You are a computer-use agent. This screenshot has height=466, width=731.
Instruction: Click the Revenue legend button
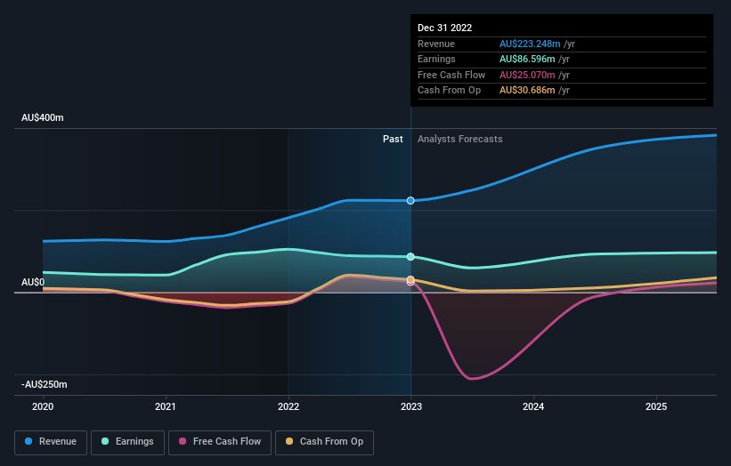point(51,441)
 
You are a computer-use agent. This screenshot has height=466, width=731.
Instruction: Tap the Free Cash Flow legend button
point(220,441)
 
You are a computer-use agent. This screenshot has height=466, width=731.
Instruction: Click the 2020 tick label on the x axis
point(43,406)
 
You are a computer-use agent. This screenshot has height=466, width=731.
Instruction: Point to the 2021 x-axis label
point(166,406)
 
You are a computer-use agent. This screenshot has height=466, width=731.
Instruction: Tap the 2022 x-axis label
point(288,406)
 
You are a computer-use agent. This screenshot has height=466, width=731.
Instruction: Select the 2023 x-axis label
point(410,406)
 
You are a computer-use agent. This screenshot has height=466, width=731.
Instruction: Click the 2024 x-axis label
point(533,406)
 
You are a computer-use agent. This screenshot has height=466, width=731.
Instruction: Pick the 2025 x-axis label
point(656,406)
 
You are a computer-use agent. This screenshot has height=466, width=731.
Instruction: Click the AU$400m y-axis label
point(43,117)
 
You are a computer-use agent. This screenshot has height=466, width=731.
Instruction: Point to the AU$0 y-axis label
point(33,282)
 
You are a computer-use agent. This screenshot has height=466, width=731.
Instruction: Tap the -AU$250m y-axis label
point(45,384)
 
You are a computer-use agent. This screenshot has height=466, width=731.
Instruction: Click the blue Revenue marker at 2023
point(410,200)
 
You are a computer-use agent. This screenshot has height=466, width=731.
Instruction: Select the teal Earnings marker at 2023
point(410,256)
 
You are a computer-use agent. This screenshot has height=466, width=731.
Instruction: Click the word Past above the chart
point(393,139)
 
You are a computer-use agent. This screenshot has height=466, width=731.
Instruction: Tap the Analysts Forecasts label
point(459,139)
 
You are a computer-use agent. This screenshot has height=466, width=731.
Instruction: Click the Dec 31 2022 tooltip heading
point(444,28)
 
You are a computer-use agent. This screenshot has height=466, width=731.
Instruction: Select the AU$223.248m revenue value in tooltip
point(531,44)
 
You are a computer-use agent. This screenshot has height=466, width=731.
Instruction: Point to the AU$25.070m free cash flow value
point(528,75)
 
